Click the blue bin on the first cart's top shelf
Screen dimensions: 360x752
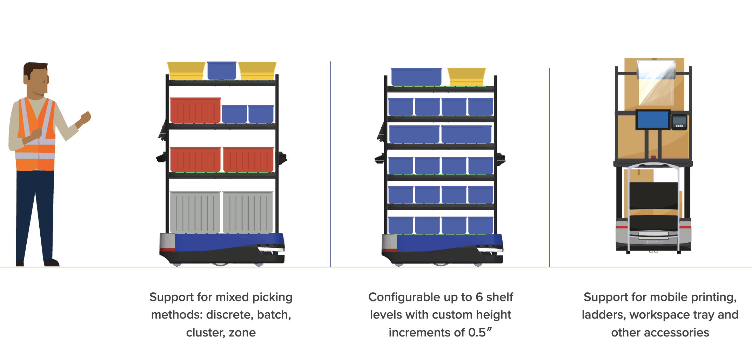[x=222, y=71]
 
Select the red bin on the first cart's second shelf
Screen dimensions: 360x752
[x=195, y=110]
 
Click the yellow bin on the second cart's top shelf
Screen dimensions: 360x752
[x=466, y=76]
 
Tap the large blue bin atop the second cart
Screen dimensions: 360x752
[x=416, y=77]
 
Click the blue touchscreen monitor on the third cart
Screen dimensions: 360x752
[x=653, y=119]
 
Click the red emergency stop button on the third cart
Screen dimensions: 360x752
[x=653, y=157]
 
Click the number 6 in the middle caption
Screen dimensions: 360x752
[x=479, y=297]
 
